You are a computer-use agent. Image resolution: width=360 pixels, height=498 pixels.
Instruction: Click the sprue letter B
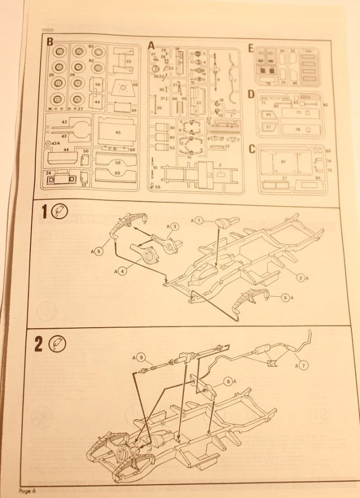click(50, 42)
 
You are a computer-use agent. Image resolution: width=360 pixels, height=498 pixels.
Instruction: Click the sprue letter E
click(251, 48)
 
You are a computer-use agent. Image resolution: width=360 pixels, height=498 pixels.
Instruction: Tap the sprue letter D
click(251, 94)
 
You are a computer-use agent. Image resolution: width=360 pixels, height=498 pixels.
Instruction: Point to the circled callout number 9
click(141, 357)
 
